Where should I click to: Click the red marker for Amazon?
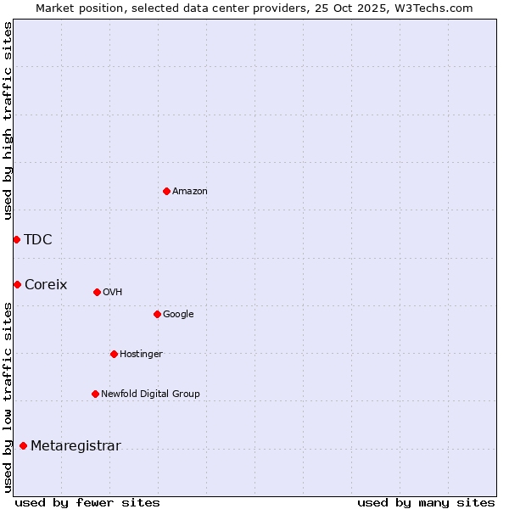coord(166,191)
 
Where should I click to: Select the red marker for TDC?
coord(16,239)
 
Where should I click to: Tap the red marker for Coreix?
coord(17,284)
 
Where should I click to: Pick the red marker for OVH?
coord(97,292)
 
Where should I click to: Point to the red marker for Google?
coord(157,314)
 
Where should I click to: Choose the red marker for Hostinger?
coord(114,354)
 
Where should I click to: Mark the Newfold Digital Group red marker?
coord(95,394)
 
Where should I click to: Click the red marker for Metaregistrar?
coord(23,445)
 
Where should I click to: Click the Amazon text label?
coord(190,192)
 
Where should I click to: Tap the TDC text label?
coord(38,239)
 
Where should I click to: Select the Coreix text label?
coord(46,285)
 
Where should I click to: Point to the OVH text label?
coord(113,293)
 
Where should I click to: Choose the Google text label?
coord(178,315)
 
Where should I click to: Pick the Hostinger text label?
coord(141,355)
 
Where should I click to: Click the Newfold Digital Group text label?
coord(150,394)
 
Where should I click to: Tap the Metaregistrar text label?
coord(76,446)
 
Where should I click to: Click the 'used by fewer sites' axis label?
coord(87,502)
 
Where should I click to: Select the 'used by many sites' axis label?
coord(426,502)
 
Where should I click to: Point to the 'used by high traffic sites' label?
coord(8,120)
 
